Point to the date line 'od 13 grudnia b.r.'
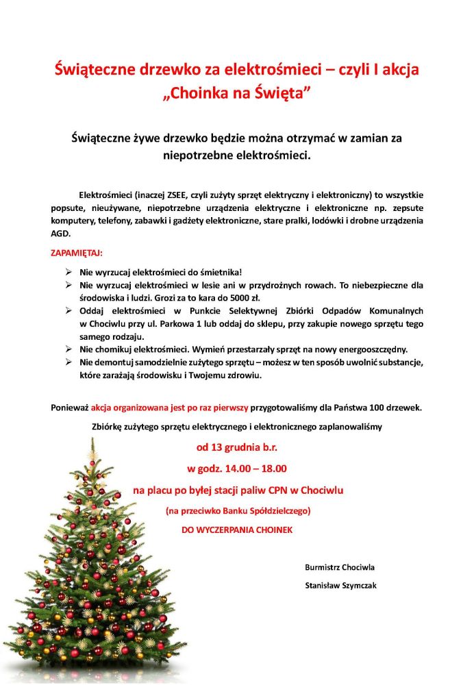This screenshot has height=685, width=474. pos(237,448)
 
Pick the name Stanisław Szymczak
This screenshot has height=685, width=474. pos(340,586)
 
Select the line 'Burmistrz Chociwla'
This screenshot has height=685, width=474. pos(340,567)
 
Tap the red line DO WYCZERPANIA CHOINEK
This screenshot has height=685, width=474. pos(236,530)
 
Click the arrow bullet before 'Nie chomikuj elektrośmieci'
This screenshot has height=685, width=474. pos(68,349)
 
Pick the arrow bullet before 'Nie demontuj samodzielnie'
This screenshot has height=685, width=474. pos(68,361)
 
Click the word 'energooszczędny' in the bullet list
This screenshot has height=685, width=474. pos(375,349)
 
